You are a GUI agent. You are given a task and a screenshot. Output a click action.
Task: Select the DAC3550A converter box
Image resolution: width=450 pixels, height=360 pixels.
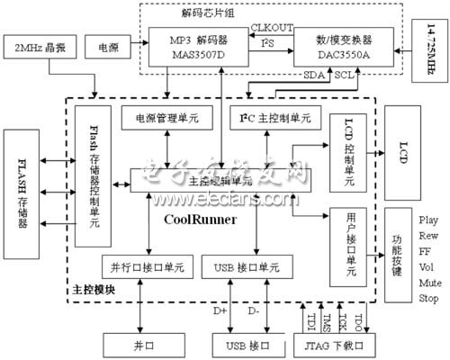pos(340,46)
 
